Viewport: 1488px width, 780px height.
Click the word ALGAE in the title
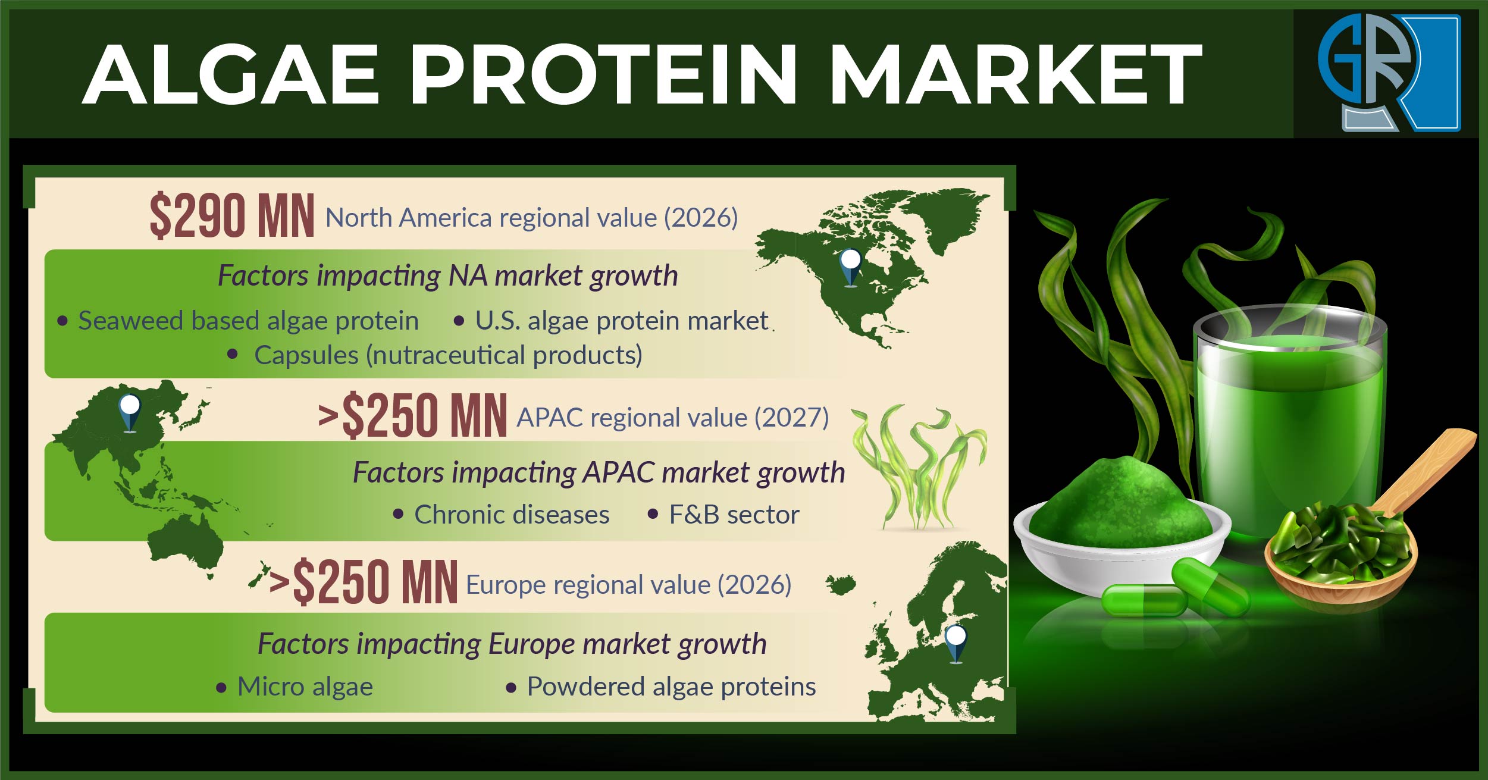[x=231, y=75]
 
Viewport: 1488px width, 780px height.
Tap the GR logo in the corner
[x=1389, y=72]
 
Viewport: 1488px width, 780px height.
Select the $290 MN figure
[x=232, y=216]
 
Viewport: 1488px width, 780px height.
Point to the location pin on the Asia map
[x=130, y=412]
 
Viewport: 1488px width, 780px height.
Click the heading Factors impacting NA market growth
[x=447, y=276]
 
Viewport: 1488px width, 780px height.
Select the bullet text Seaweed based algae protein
[x=249, y=321]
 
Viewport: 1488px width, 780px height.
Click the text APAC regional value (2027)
[x=673, y=418]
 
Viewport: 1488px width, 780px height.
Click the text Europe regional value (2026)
[x=629, y=585]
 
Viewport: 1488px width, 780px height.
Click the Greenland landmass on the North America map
[x=946, y=214]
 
